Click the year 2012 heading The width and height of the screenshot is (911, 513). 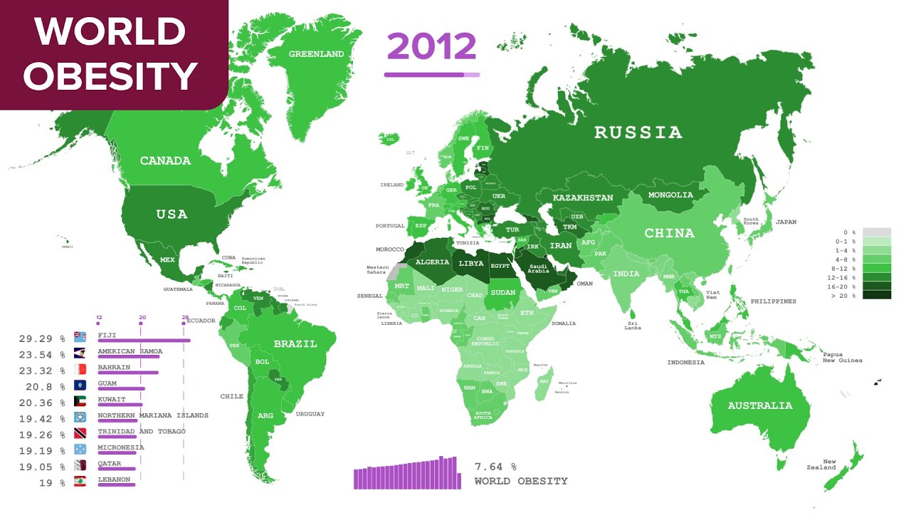tap(431, 47)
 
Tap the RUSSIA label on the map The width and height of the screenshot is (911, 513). tap(638, 133)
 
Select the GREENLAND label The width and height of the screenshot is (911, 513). tap(316, 54)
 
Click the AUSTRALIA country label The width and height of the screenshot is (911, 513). tap(759, 405)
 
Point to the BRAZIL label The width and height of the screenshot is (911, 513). tap(295, 344)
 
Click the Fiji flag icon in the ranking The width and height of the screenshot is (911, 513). tap(80, 336)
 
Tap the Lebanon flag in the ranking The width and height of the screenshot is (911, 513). tap(80, 482)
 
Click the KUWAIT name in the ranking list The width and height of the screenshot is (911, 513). tap(111, 400)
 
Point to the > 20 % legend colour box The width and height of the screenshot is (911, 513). tap(876, 295)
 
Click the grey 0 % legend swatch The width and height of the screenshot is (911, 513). tap(876, 232)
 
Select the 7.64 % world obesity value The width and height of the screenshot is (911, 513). tap(495, 467)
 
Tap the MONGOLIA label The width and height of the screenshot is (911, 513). tap(670, 195)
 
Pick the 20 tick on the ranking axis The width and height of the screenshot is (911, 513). tap(142, 317)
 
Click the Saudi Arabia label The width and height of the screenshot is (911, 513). tap(537, 267)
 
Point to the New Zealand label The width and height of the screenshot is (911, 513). tap(829, 465)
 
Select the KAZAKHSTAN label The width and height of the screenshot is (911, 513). tap(583, 197)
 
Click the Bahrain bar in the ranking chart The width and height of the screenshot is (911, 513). tap(128, 372)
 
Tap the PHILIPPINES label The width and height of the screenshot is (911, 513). tap(773, 301)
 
